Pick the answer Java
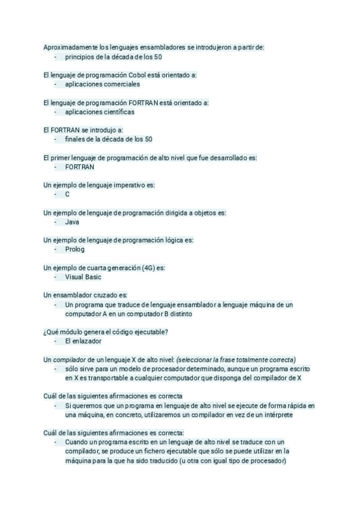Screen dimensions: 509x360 pos(72,222)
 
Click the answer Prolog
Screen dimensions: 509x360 pos(75,249)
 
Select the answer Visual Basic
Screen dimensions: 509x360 pos(83,277)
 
